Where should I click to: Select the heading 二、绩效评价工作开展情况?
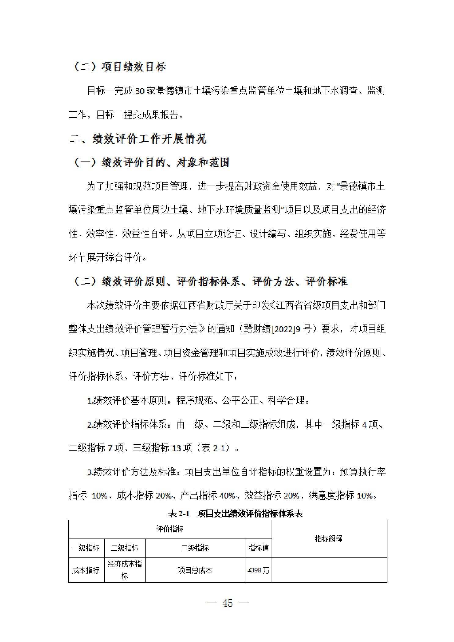[x=138, y=139]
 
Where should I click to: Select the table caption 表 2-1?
[x=179, y=514]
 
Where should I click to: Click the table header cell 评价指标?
[x=170, y=529]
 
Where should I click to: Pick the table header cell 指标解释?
[x=329, y=539]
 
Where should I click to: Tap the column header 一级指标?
[x=86, y=548]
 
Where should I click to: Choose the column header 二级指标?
[x=125, y=548]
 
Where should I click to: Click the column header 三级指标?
[x=195, y=548]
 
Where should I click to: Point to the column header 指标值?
[x=258, y=548]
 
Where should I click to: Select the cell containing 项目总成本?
[x=195, y=570]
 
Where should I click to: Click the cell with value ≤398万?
[x=258, y=570]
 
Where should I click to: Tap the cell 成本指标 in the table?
[x=86, y=570]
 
